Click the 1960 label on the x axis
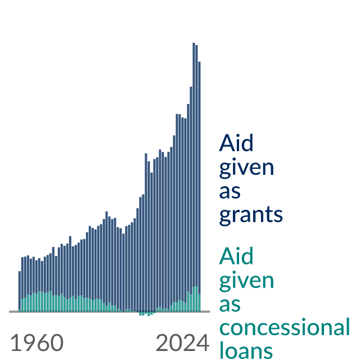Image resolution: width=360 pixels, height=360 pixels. point(37,343)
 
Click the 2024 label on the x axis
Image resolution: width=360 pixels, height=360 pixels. point(182,343)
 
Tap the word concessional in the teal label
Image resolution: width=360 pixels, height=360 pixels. point(285,327)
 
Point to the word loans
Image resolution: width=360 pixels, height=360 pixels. point(246,350)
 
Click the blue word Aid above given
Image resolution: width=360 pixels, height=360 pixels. point(236,143)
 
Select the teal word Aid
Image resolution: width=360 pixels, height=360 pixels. point(236,256)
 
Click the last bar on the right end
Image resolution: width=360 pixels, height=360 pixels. point(200,186)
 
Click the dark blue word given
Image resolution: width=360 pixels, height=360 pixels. point(246,167)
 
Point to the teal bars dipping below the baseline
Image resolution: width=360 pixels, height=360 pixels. point(147,314)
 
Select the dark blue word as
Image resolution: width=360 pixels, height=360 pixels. point(230,191)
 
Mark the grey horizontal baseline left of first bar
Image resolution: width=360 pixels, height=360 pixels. point(13,312)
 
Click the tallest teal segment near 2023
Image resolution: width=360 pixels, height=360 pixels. point(196,299)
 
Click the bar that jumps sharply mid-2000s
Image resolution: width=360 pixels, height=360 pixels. point(146,232)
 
